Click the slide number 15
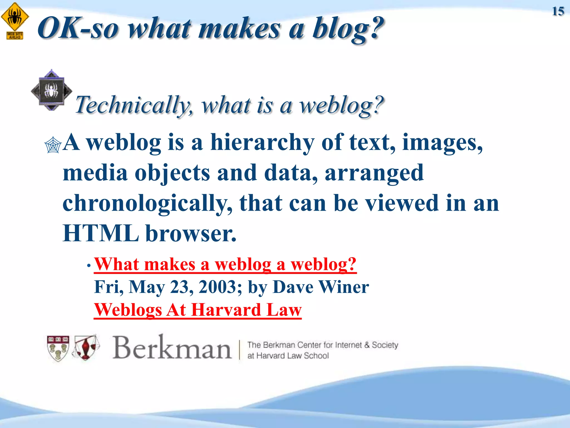(558, 11)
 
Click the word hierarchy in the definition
(262, 142)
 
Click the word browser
(191, 233)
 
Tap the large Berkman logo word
(172, 348)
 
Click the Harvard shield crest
(58, 348)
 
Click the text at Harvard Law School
(288, 356)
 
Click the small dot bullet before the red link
(89, 266)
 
